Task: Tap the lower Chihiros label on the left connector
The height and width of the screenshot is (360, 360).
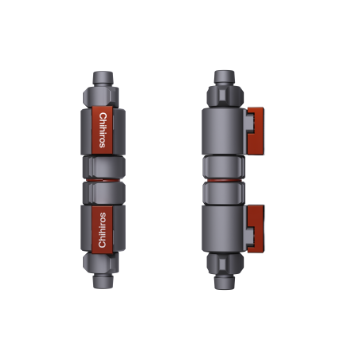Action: point(101,231)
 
